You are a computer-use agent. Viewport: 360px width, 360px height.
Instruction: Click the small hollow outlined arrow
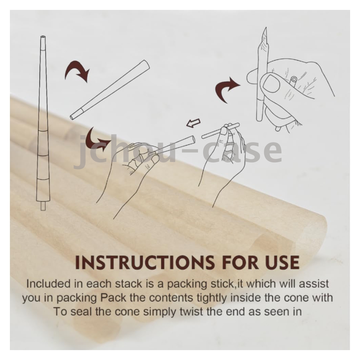[x=193, y=123]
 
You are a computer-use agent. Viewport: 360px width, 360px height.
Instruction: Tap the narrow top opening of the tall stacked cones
[x=43, y=37]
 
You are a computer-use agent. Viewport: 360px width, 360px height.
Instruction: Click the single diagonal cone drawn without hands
[x=110, y=90]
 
